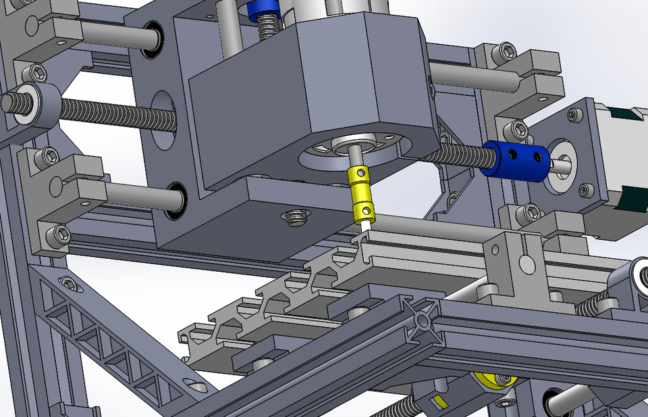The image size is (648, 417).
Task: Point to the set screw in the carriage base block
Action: pyautogui.click(x=296, y=217)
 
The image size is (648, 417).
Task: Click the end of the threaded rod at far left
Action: pyautogui.click(x=9, y=103)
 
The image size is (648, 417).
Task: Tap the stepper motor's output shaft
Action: pyautogui.click(x=559, y=164)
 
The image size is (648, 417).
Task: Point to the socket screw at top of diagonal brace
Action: pyautogui.click(x=67, y=282)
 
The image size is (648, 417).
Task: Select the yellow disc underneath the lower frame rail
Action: pyautogui.click(x=489, y=381)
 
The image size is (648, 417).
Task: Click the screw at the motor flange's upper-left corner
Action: pyautogui.click(x=574, y=116)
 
